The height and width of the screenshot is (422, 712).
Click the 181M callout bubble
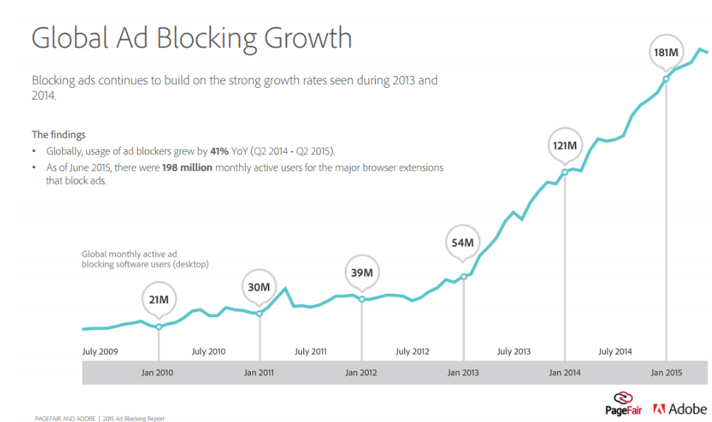pos(666,52)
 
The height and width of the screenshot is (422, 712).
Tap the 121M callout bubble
pos(564,145)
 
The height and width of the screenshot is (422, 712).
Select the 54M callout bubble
pos(463,243)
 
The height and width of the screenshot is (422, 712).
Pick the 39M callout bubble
pos(362,272)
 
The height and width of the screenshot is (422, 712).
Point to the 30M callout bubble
pos(259,287)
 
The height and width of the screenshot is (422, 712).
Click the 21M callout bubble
pos(159,300)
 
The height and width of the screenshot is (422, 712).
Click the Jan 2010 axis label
pos(157,373)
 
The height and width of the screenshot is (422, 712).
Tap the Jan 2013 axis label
pos(463,373)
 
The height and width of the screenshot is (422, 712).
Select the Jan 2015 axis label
pos(666,373)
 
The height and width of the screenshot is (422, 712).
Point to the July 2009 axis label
pos(100,352)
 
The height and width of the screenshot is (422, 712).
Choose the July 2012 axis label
pos(412,352)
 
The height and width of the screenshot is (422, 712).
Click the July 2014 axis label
pos(615,352)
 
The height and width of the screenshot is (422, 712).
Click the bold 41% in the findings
pos(220,151)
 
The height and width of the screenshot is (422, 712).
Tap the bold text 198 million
pos(187,167)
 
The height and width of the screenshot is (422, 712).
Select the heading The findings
pos(58,134)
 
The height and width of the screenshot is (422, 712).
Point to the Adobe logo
pos(680,408)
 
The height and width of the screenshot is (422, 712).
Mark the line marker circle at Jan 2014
pos(565,172)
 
